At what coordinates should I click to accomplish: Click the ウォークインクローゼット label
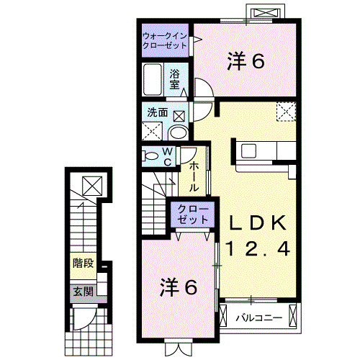(x=165, y=40)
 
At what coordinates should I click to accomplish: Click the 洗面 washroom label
(x=158, y=112)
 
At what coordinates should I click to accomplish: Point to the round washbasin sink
(x=178, y=131)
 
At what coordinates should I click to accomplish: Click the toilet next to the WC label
(x=150, y=156)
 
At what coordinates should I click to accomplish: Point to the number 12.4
(x=258, y=249)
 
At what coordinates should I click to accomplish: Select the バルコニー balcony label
(x=256, y=315)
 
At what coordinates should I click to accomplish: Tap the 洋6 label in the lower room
(x=178, y=287)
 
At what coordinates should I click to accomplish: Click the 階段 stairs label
(x=84, y=263)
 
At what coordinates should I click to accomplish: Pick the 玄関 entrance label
(x=83, y=292)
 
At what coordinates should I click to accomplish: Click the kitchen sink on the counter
(x=251, y=151)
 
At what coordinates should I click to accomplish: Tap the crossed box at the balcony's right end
(x=293, y=315)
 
